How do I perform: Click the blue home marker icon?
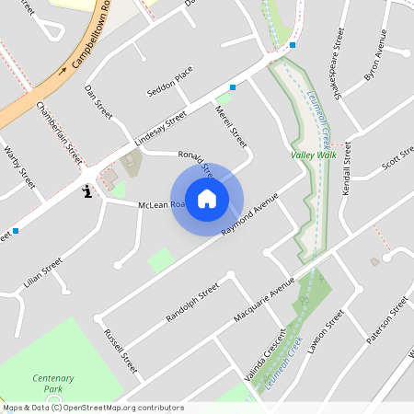tap(207, 199)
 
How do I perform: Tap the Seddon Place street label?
tap(170, 81)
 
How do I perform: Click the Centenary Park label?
tap(52, 384)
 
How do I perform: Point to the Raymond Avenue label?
tap(249, 214)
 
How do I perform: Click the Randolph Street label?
tap(192, 304)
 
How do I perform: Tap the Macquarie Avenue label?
tap(264, 296)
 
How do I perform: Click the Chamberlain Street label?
tap(58, 134)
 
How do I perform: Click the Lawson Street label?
tap(327, 332)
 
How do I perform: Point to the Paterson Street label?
tap(386, 319)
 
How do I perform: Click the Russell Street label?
tap(121, 351)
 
